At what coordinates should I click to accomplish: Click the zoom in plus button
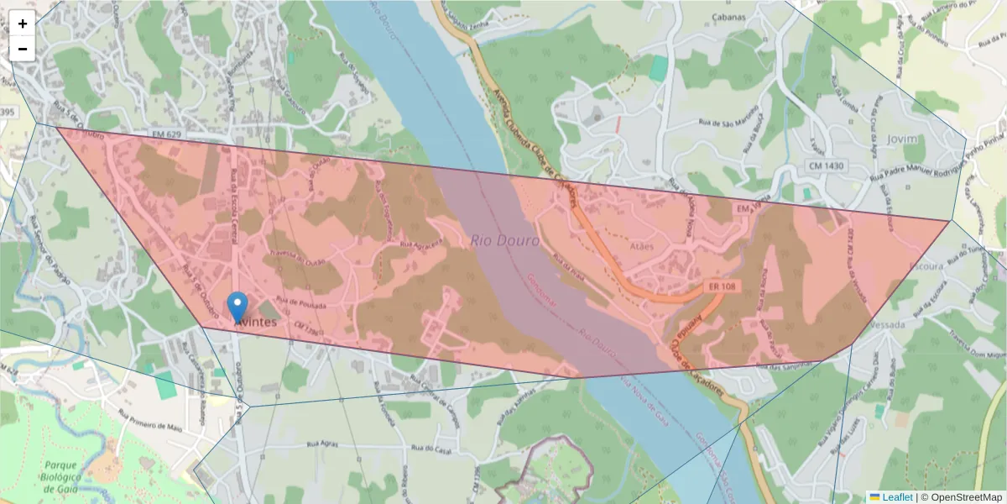pyautogui.click(x=23, y=24)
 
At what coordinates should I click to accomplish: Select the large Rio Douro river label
pyautogui.click(x=504, y=240)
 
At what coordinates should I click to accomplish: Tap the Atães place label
pyautogui.click(x=641, y=246)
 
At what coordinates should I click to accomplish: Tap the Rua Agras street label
pyautogui.click(x=323, y=444)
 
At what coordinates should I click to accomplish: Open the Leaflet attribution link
pyautogui.click(x=896, y=497)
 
